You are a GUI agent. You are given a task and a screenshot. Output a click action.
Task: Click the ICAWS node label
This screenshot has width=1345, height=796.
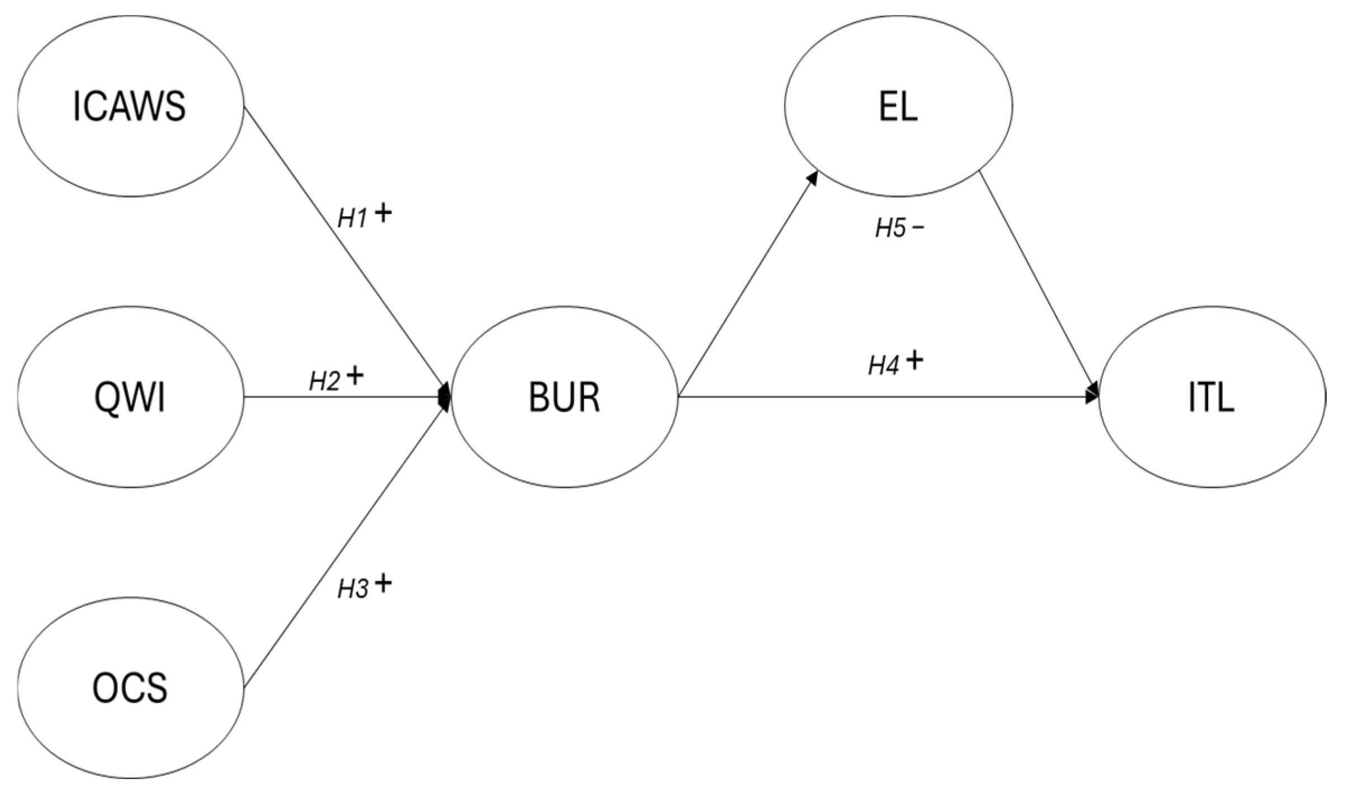129,107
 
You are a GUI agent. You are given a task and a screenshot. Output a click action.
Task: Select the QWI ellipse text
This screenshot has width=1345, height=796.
130,398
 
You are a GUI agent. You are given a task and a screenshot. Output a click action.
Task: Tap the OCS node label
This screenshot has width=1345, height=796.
130,688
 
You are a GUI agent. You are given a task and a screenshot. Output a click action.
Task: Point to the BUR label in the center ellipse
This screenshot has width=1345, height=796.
564,398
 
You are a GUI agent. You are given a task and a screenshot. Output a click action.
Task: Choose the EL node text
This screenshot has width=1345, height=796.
898,107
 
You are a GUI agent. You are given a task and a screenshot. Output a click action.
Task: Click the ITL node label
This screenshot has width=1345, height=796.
1211,398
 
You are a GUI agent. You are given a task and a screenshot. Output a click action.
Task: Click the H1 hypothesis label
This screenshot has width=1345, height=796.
352,220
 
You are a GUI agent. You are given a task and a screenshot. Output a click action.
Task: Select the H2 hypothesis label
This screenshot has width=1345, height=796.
325,381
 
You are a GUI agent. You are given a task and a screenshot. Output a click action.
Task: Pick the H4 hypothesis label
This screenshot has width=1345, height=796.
883,366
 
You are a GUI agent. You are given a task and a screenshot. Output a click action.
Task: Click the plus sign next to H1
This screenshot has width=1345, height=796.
383,214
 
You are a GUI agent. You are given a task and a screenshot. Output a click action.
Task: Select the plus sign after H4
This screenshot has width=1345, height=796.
915,361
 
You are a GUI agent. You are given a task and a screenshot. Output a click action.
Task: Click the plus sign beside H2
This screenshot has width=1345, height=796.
355,376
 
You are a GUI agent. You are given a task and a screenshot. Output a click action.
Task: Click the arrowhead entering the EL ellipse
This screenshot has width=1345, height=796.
812,178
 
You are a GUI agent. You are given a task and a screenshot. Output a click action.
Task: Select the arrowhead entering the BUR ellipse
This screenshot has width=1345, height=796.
445,397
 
